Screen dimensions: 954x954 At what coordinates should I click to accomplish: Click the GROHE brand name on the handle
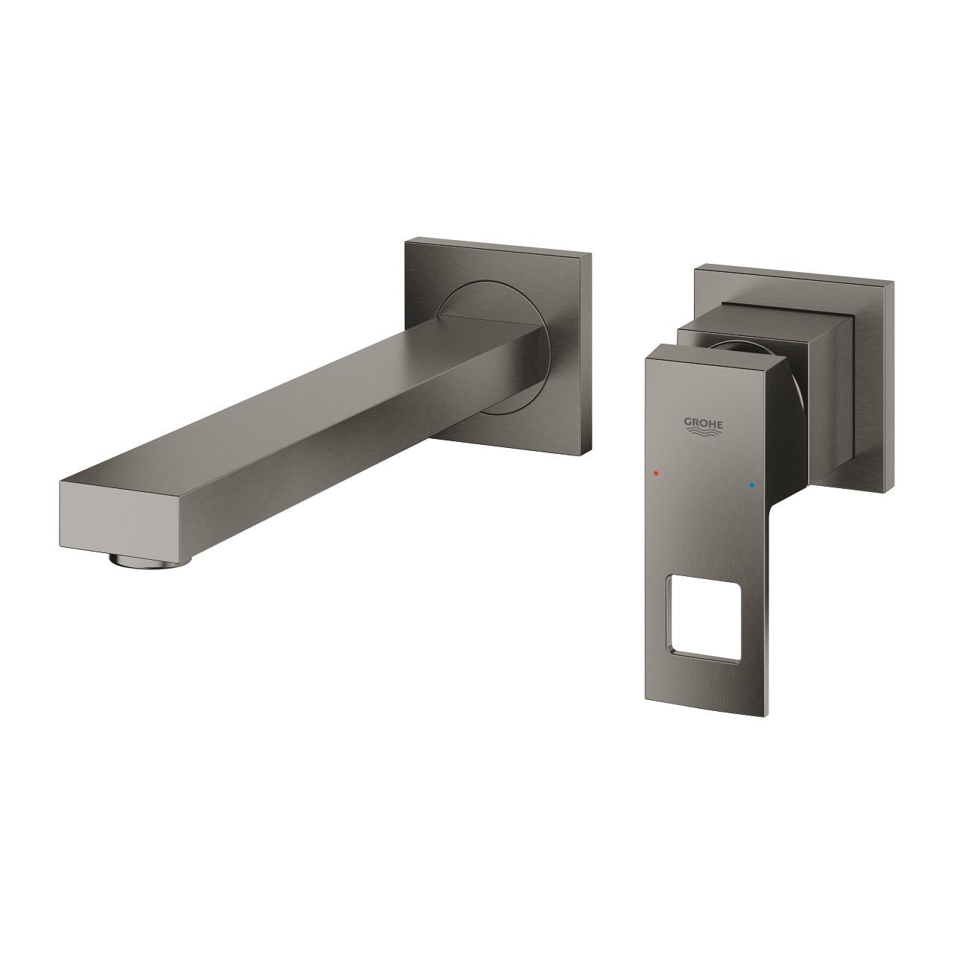(x=704, y=423)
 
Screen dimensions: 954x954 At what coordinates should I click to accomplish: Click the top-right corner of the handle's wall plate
(x=891, y=283)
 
